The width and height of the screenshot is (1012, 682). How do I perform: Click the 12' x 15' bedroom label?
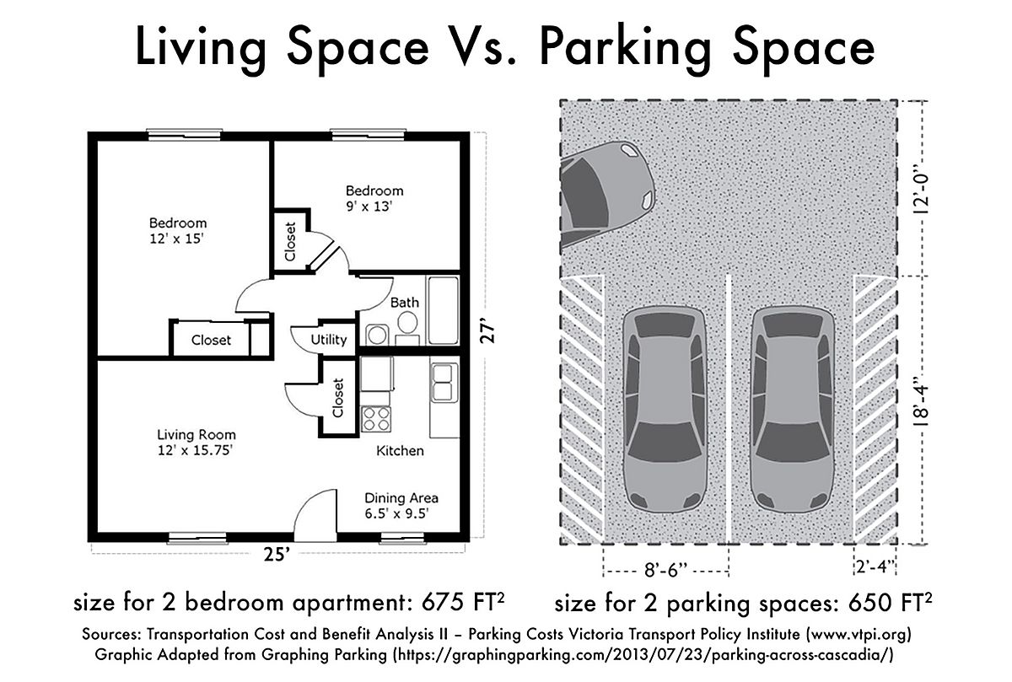coord(178,231)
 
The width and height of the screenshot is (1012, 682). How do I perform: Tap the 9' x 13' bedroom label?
coord(374,197)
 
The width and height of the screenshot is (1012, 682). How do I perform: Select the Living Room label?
coord(196,443)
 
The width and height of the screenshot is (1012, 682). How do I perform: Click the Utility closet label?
coord(329,340)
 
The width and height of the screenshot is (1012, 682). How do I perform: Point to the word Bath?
coord(405,303)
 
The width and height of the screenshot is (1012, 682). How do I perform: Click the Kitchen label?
coord(400,451)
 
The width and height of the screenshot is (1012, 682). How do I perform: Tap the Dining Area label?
coord(401,505)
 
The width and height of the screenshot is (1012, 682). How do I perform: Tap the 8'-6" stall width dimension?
coord(665,572)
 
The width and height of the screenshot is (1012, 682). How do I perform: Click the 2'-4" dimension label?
coord(874,572)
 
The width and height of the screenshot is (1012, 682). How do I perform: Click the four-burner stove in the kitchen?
coord(375,418)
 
